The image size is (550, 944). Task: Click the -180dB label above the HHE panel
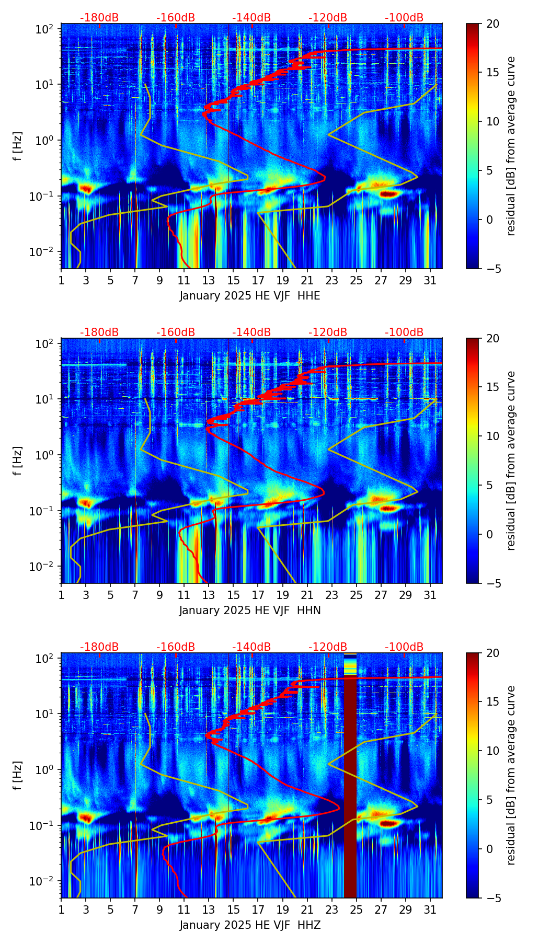pyautogui.click(x=99, y=18)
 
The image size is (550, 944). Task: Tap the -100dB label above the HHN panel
pyautogui.click(x=404, y=332)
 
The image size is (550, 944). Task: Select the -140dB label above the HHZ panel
pyautogui.click(x=251, y=647)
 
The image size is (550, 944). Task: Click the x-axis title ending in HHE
pyautogui.click(x=249, y=296)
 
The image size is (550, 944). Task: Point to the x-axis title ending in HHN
pyautogui.click(x=249, y=611)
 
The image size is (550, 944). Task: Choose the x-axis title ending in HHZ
pyautogui.click(x=249, y=925)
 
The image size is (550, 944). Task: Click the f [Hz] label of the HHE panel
pyautogui.click(x=18, y=146)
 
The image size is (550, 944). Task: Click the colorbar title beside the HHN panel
pyautogui.click(x=511, y=461)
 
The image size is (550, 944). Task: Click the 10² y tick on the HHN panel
pyautogui.click(x=46, y=344)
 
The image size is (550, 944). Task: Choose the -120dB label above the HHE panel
pyautogui.click(x=328, y=18)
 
